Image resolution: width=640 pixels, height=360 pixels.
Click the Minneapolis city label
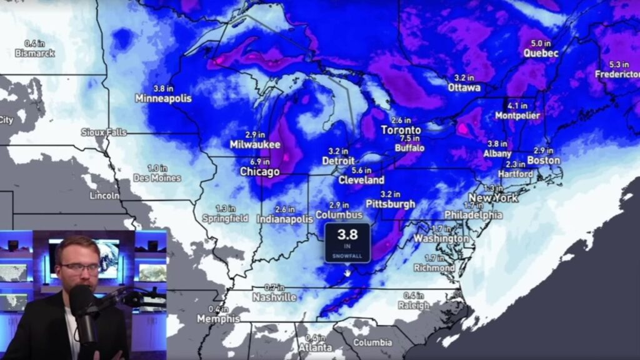(x=163, y=99)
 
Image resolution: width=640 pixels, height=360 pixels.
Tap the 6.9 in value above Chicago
(x=259, y=162)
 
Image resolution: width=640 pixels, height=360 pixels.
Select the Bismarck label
(x=36, y=53)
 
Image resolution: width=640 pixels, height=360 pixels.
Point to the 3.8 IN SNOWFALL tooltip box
(x=347, y=242)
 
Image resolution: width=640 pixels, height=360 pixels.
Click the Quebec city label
(x=541, y=53)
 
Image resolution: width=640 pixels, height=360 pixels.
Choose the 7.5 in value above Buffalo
(x=409, y=138)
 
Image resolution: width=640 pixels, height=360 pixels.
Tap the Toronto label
(x=401, y=130)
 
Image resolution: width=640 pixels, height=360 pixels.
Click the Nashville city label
(x=274, y=297)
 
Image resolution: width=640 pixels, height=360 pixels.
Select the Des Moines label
(x=157, y=178)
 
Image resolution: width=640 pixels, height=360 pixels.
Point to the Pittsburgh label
(x=389, y=204)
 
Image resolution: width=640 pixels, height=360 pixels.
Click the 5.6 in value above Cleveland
(x=361, y=170)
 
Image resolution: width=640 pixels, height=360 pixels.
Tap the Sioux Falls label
(x=104, y=132)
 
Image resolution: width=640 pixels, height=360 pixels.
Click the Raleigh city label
(x=414, y=305)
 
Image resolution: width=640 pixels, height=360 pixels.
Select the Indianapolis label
(x=285, y=219)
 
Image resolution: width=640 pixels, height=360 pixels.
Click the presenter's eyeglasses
(x=80, y=268)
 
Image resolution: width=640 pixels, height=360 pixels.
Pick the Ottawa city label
(x=464, y=87)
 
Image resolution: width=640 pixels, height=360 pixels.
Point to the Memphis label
(x=218, y=319)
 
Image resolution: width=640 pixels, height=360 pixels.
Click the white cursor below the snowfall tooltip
(x=347, y=273)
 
